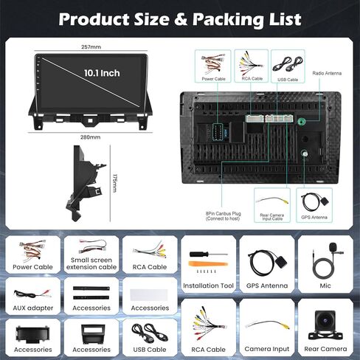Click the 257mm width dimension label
point(91,46)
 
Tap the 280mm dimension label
point(90,137)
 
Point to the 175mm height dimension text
point(114,183)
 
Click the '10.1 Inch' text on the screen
point(102,73)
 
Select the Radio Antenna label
point(327,73)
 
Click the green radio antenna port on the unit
point(301,122)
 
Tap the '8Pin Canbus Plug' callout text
point(223,214)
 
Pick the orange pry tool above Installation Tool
point(208,264)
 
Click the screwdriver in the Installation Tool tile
point(208,254)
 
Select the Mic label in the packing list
point(325,285)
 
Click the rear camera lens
point(325,321)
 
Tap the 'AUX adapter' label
point(33,308)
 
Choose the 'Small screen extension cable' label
point(91,263)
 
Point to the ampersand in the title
point(181,20)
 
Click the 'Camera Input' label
point(267,349)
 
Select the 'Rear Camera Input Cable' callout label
point(272,217)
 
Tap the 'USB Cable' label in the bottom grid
point(150,350)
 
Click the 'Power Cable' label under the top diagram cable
point(213,79)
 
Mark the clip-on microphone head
point(333,246)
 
